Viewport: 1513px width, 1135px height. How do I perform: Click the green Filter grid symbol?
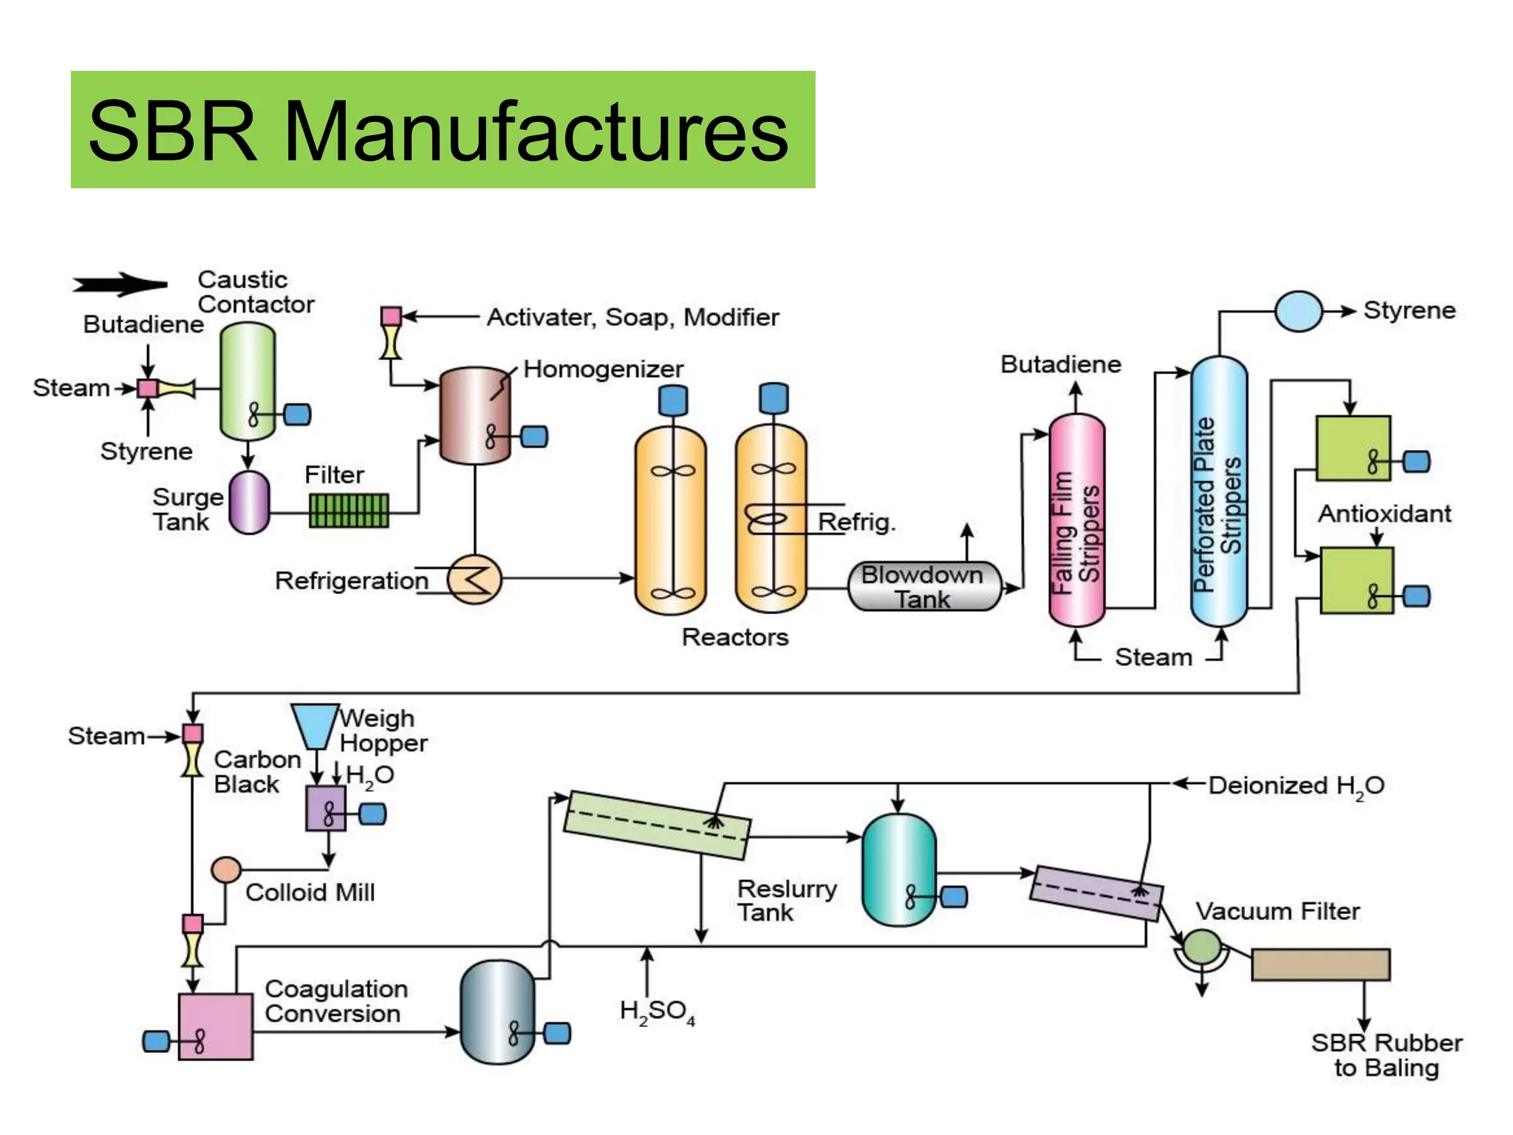pos(349,511)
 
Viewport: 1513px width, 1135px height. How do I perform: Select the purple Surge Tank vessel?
pos(249,502)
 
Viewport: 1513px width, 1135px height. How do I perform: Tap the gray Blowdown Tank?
pos(923,587)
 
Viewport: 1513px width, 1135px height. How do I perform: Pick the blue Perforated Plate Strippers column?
pos(1219,491)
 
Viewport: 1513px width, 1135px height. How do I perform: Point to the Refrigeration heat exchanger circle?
pos(475,579)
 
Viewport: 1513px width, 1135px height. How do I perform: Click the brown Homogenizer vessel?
pos(475,415)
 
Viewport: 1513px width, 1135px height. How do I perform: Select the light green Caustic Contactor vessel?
pos(247,381)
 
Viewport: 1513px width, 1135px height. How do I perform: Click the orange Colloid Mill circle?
pos(226,870)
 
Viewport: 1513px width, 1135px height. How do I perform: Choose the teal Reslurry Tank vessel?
pos(899,870)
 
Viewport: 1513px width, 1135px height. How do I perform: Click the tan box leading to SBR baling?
pos(1320,965)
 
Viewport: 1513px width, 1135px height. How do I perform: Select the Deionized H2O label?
pos(1296,785)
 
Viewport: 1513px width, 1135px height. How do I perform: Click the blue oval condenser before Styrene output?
pos(1298,311)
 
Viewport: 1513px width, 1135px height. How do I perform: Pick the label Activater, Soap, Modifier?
pos(632,317)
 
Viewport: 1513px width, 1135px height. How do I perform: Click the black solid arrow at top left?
pos(120,284)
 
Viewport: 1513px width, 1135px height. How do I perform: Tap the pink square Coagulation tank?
pos(215,1026)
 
